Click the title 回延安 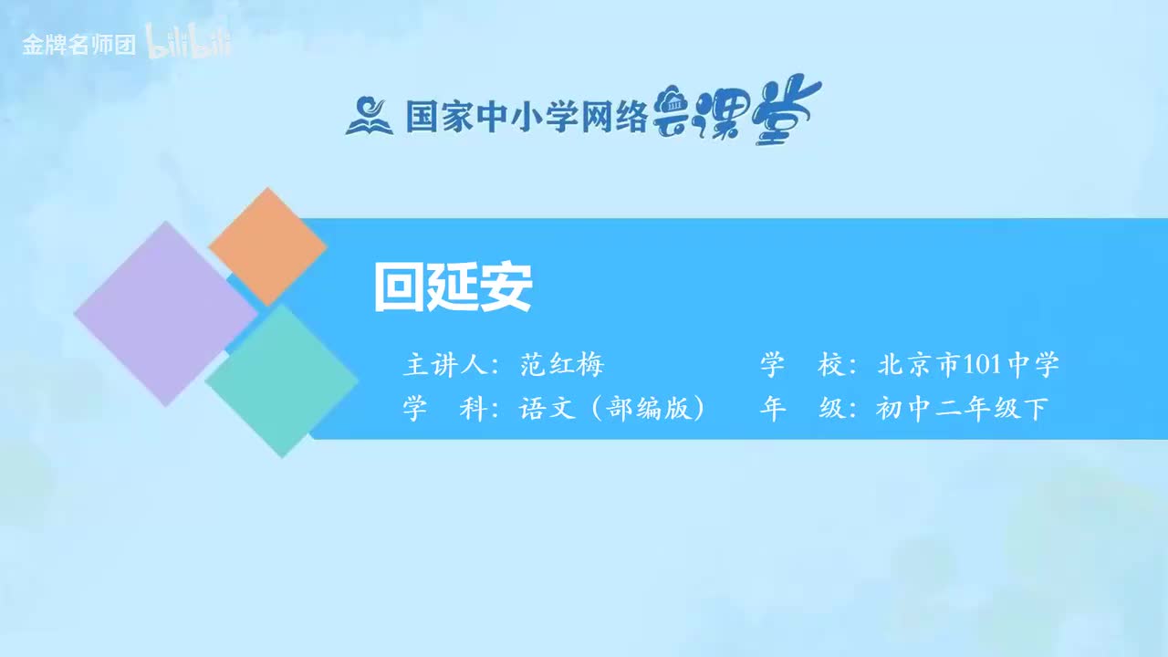(x=453, y=288)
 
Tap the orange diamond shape (x=267, y=246)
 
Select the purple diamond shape (x=165, y=313)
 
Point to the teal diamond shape (x=282, y=381)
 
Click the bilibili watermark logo (x=189, y=45)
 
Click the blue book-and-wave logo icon (x=369, y=115)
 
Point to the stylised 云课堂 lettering (x=737, y=113)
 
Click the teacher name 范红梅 (x=562, y=366)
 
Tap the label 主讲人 (x=442, y=366)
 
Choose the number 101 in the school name (x=982, y=366)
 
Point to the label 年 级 (x=800, y=409)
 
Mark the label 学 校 (x=800, y=366)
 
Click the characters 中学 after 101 (x=1033, y=366)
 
